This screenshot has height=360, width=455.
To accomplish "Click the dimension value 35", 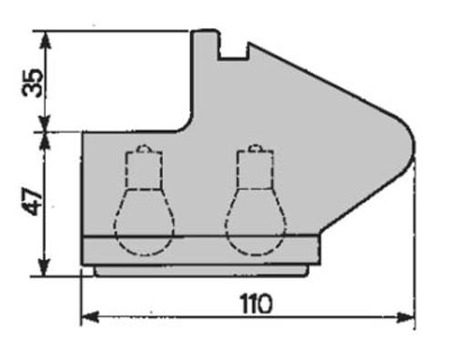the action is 33,83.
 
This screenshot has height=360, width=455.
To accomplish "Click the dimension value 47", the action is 33,201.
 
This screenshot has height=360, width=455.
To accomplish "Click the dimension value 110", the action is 257,304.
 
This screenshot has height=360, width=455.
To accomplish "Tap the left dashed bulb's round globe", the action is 144,223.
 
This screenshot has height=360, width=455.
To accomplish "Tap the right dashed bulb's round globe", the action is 256,223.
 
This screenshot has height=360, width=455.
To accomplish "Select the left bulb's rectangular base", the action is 144,170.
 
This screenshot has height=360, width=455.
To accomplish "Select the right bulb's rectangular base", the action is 256,169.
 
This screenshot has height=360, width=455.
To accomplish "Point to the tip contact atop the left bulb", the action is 143,148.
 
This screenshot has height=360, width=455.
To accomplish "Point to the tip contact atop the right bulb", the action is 255,148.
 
